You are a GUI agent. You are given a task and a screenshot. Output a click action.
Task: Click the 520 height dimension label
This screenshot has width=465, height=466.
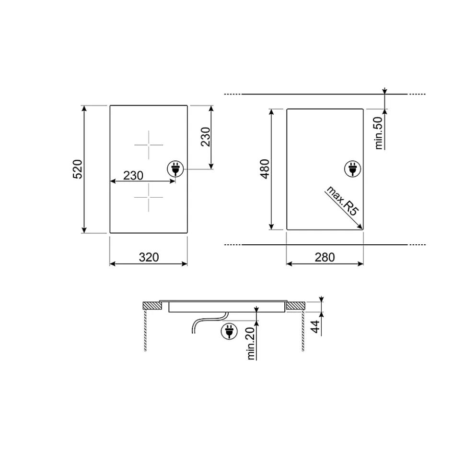78,169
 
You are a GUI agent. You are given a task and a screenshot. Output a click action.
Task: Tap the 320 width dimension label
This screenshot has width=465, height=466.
149,257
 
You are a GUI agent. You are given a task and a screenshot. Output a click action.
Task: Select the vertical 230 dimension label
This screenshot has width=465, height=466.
206,137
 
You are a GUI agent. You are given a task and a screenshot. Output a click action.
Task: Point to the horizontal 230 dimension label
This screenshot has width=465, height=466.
133,175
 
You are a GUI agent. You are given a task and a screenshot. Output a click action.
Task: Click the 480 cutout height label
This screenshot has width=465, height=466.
265,169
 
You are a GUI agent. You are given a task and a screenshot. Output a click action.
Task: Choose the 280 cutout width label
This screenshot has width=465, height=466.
325,257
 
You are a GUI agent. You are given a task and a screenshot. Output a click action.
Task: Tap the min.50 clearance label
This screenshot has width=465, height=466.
379,133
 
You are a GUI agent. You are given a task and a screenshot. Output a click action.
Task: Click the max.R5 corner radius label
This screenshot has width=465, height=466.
343,201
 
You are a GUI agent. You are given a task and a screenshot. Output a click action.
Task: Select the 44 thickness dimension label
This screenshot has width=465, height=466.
315,327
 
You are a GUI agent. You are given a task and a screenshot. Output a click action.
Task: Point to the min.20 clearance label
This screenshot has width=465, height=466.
251,343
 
